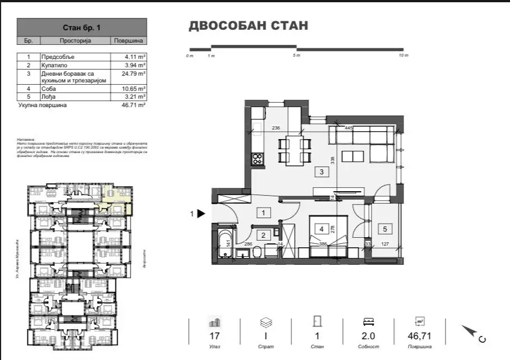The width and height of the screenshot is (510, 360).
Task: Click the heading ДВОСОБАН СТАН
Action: [x=248, y=26]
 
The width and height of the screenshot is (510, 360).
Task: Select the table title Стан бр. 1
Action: [x=82, y=27]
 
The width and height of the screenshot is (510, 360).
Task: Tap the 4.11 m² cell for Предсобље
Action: [x=135, y=57]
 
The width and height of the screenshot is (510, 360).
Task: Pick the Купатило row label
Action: [x=54, y=65]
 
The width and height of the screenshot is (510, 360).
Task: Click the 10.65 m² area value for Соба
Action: [x=135, y=89]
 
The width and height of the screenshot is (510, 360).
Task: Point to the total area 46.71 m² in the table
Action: [x=135, y=105]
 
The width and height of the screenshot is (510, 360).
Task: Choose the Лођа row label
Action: [x=49, y=96]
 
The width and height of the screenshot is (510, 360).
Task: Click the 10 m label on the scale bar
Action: [x=403, y=56]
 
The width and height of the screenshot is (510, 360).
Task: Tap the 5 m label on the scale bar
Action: [x=297, y=56]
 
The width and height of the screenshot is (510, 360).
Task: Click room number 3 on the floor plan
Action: [x=321, y=172]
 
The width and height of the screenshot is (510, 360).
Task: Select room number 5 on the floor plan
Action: [x=384, y=228]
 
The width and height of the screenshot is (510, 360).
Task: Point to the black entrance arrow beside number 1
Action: [x=201, y=214]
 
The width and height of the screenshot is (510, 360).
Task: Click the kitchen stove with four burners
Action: [x=257, y=159]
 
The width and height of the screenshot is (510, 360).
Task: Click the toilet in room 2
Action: [x=256, y=253]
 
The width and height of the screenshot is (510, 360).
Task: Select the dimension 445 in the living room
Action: [x=349, y=128]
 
